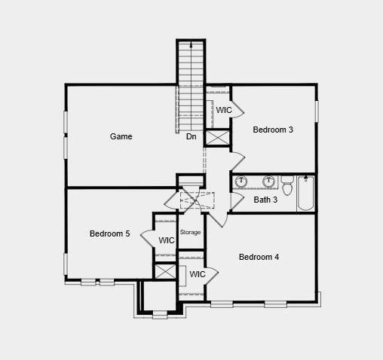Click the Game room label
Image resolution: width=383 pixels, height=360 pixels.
coord(121,136)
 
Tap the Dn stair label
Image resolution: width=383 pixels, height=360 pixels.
coord(191,137)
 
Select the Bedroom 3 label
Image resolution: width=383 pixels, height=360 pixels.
coord(273,130)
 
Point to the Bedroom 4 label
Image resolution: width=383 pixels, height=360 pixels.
coord(259,257)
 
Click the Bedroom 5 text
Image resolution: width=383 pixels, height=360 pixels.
coord(109,233)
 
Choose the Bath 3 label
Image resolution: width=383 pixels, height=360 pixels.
coord(265,200)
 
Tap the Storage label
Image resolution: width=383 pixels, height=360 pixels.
coord(191,232)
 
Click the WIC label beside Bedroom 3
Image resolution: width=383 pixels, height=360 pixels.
coord(224,110)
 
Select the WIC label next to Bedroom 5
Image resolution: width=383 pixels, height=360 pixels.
coord(167,240)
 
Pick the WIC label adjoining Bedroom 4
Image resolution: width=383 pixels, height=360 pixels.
coord(198,274)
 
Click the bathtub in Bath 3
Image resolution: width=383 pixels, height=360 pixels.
coord(305,194)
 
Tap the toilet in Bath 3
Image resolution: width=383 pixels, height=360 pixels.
coord(287,183)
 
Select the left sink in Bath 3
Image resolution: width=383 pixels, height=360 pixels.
coord(242,182)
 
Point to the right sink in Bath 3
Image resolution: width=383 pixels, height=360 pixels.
coord(268,182)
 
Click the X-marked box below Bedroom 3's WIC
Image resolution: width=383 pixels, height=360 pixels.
coord(217,138)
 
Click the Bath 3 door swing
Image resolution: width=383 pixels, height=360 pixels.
coord(236,202)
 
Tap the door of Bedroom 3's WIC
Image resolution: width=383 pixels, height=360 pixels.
coord(237,111)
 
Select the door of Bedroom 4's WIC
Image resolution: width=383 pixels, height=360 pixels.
coord(213,274)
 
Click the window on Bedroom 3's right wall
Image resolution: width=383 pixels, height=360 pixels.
coord(317,111)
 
